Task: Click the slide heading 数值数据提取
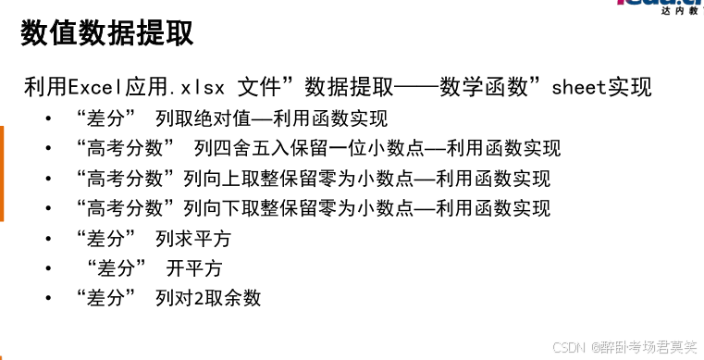[107, 34]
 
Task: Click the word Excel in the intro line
[93, 88]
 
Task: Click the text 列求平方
[193, 239]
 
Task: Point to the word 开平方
[194, 268]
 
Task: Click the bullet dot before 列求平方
[48, 240]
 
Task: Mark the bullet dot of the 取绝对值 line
[48, 120]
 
